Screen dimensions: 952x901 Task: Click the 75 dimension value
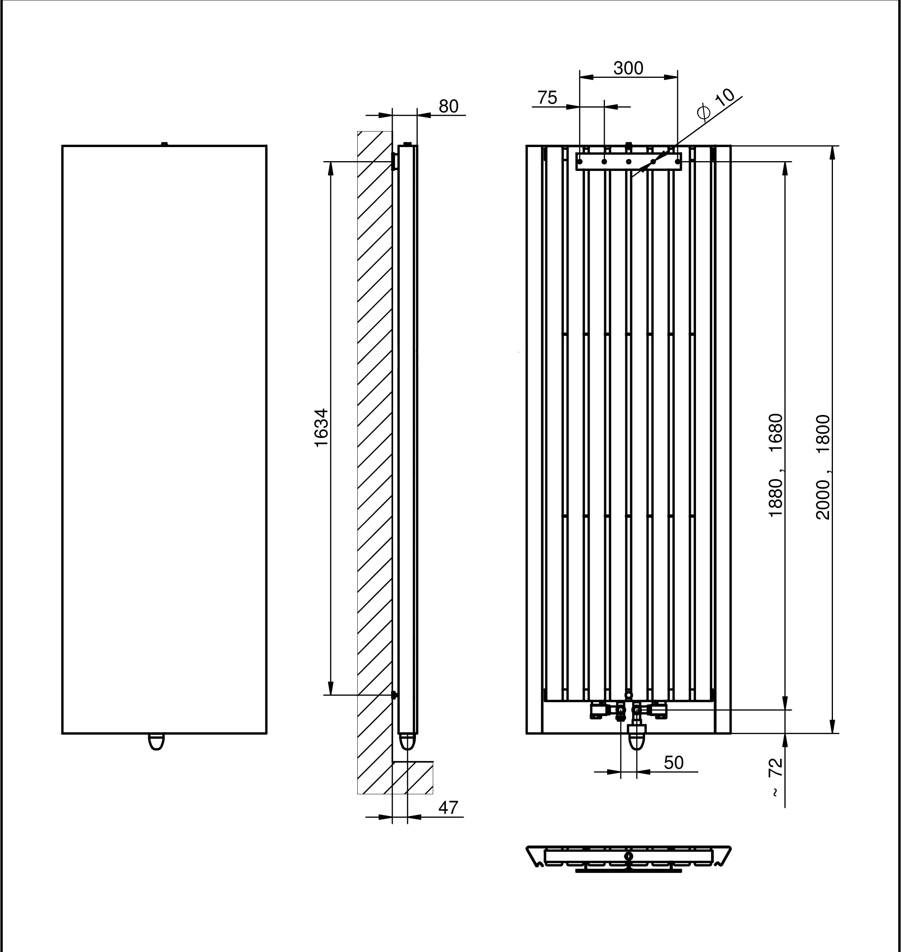click(547, 98)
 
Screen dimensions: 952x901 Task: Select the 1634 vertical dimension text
click(321, 427)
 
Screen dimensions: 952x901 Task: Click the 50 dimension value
click(673, 762)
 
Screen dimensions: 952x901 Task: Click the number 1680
click(776, 433)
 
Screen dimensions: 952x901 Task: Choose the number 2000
click(823, 499)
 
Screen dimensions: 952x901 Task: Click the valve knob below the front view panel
click(156, 741)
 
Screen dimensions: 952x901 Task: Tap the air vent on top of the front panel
click(164, 144)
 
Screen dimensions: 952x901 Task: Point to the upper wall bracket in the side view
click(394, 161)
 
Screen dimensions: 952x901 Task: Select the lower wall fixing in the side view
click(394, 695)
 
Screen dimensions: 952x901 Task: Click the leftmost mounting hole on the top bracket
click(580, 162)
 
